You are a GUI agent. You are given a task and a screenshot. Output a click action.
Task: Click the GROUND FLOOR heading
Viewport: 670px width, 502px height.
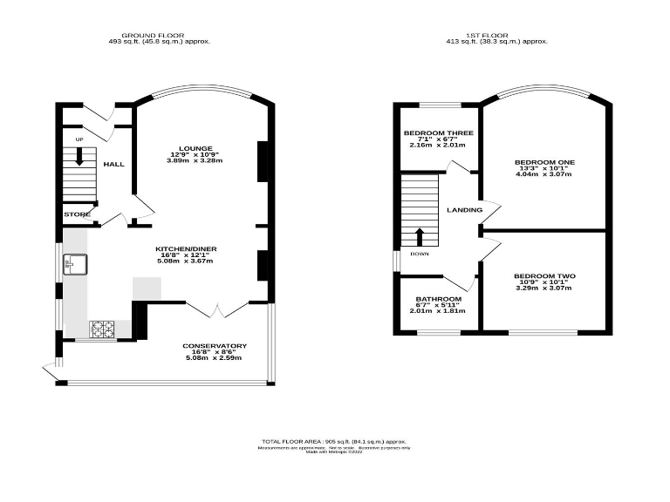[x=159, y=35]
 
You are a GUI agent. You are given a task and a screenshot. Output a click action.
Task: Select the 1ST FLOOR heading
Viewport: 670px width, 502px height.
[x=497, y=35]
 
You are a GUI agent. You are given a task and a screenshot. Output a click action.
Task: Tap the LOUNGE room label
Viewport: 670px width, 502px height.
[x=195, y=149]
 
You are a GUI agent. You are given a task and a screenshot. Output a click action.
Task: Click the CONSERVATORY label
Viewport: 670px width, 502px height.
[x=214, y=346]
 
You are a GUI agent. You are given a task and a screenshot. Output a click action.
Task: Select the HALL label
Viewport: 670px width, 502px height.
[x=114, y=164]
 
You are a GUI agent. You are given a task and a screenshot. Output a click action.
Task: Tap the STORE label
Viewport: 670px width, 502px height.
[x=77, y=214]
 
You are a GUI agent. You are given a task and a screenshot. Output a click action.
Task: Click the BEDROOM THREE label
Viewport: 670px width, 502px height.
[x=438, y=133]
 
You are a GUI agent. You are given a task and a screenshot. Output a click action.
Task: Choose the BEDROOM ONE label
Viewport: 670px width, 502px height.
[x=544, y=162]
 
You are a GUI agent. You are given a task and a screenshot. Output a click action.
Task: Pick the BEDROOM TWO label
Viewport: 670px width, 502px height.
[x=544, y=276]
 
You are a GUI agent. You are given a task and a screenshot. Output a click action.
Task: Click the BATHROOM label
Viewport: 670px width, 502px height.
[x=438, y=299]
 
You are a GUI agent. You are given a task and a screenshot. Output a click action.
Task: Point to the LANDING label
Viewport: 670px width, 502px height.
[x=463, y=210]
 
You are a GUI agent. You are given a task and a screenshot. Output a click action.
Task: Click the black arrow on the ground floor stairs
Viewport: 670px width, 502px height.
[x=79, y=158]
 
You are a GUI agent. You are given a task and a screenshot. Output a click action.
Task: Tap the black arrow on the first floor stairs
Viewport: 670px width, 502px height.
[x=419, y=236]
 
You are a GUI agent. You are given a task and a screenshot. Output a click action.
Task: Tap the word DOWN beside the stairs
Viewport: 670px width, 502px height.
[x=420, y=255]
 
